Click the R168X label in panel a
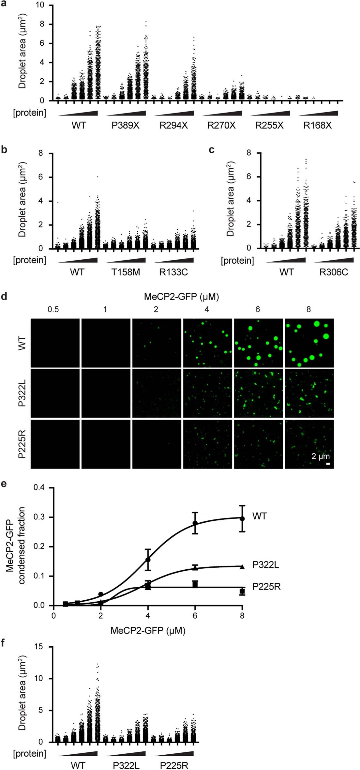point(317,125)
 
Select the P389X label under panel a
point(125,125)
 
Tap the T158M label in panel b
point(126,272)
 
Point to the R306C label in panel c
point(334,272)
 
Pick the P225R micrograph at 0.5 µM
point(55,444)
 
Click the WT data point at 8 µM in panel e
point(242,518)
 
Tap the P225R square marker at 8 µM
point(242,591)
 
